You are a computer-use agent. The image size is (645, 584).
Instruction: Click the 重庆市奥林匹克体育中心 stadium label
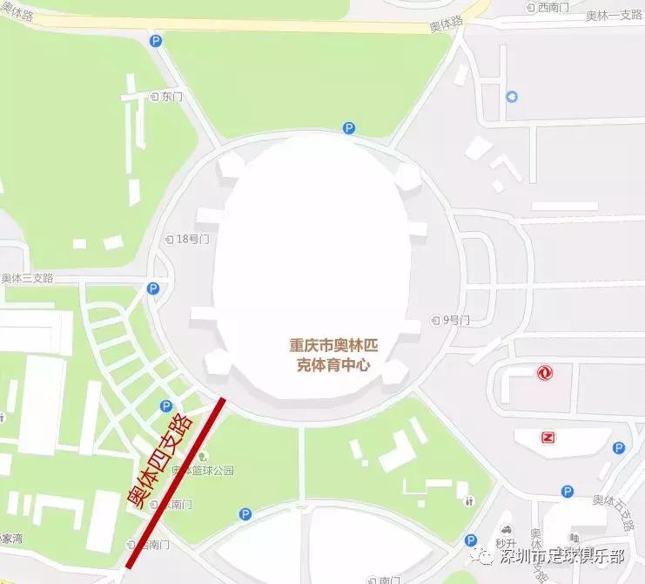pos(335,356)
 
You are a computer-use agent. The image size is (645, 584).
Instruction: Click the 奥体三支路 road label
pos(27,278)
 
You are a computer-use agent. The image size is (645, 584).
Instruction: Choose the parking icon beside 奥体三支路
pos(153,289)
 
